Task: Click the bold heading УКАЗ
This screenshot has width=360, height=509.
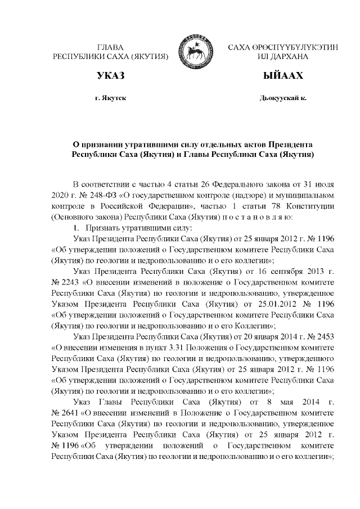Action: point(110,75)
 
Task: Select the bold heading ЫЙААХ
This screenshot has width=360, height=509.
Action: point(283,75)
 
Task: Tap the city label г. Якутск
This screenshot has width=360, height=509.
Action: point(110,98)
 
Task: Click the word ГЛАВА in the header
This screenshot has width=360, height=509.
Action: point(110,47)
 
